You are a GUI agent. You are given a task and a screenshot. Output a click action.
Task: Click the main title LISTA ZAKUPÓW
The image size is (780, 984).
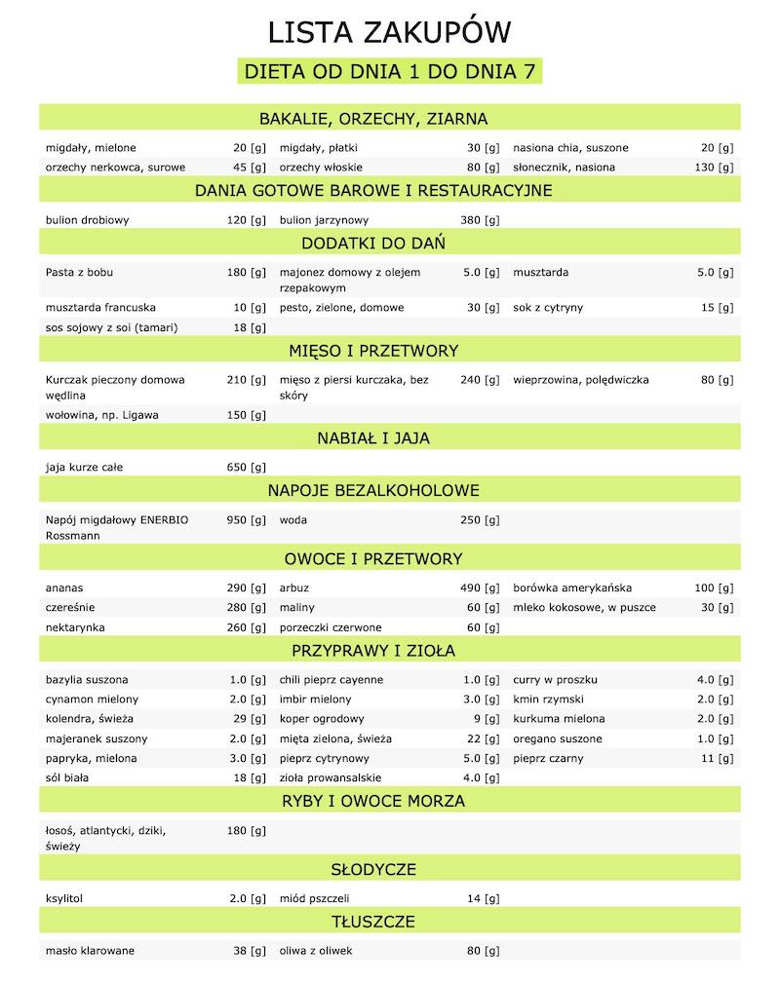click(x=389, y=34)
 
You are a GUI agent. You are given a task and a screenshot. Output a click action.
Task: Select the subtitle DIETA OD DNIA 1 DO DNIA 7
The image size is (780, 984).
click(x=389, y=72)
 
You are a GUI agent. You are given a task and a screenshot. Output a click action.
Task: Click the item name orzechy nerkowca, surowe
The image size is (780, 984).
click(x=115, y=168)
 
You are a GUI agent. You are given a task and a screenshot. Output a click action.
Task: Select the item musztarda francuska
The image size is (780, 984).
click(x=100, y=308)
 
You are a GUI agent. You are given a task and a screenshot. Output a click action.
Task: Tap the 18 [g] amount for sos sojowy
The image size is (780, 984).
click(x=248, y=327)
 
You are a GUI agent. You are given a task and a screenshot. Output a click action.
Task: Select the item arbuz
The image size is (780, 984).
click(x=294, y=588)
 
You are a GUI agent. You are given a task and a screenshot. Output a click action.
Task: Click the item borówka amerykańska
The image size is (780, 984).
click(x=572, y=588)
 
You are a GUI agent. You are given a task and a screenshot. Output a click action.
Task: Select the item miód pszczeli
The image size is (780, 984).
click(x=314, y=898)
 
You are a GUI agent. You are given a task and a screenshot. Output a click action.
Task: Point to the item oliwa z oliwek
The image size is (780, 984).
click(x=319, y=951)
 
